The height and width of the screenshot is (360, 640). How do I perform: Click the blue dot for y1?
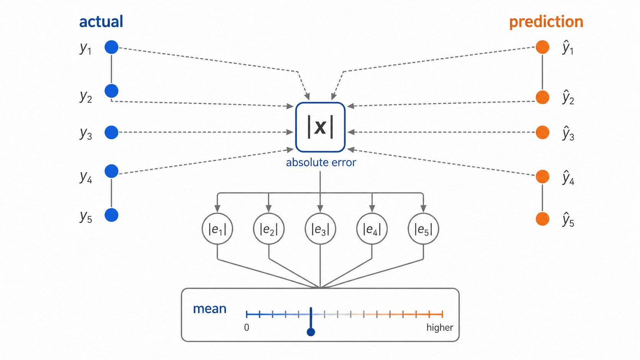[x=111, y=47]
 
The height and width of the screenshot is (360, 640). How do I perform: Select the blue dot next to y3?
[x=111, y=132]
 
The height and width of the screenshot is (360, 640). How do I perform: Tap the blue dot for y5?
[x=111, y=215]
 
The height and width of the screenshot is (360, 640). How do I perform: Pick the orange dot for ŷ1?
[x=542, y=47]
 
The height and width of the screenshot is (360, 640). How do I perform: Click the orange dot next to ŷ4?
[x=542, y=176]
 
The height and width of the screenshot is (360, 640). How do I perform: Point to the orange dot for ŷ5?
[x=542, y=219]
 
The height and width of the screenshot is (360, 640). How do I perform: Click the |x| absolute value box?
[x=320, y=127]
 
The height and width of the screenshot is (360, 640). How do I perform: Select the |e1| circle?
[x=217, y=229]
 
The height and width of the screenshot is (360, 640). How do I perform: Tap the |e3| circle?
[x=320, y=229]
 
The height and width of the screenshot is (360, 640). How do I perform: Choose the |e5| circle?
[x=423, y=229]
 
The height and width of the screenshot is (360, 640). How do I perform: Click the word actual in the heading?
[x=101, y=22]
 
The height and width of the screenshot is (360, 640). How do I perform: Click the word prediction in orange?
[x=546, y=22]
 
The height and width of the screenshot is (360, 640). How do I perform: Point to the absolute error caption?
[x=321, y=163]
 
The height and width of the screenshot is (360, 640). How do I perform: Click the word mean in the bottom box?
[x=209, y=309]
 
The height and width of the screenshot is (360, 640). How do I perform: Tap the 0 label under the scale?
[x=247, y=327]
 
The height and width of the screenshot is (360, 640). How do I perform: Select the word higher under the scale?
[x=439, y=327]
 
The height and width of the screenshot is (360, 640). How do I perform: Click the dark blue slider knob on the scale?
[x=311, y=332]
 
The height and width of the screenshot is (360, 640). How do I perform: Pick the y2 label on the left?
[x=86, y=96]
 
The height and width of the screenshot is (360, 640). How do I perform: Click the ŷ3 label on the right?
[x=568, y=134]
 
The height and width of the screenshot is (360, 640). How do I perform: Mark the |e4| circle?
[x=372, y=229]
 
